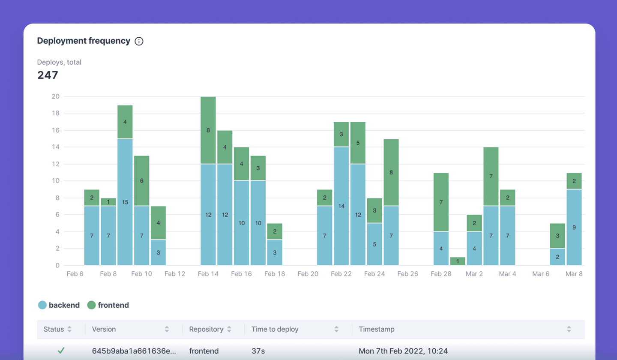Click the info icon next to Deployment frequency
(x=139, y=41)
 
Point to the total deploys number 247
(x=48, y=75)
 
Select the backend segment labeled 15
(x=125, y=202)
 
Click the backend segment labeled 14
(x=341, y=206)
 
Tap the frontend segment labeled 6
(x=141, y=181)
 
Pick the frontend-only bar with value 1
(x=458, y=261)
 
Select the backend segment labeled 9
(x=574, y=227)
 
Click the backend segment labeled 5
(x=374, y=244)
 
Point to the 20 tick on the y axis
(x=55, y=96)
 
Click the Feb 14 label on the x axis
(x=208, y=273)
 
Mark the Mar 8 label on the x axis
(x=574, y=273)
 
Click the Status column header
(x=54, y=329)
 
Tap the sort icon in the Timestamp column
(x=569, y=329)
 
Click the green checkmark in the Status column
(x=61, y=351)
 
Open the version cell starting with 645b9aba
(x=134, y=351)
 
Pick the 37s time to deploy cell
(x=258, y=351)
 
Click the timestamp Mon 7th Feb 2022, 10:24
(x=403, y=351)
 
